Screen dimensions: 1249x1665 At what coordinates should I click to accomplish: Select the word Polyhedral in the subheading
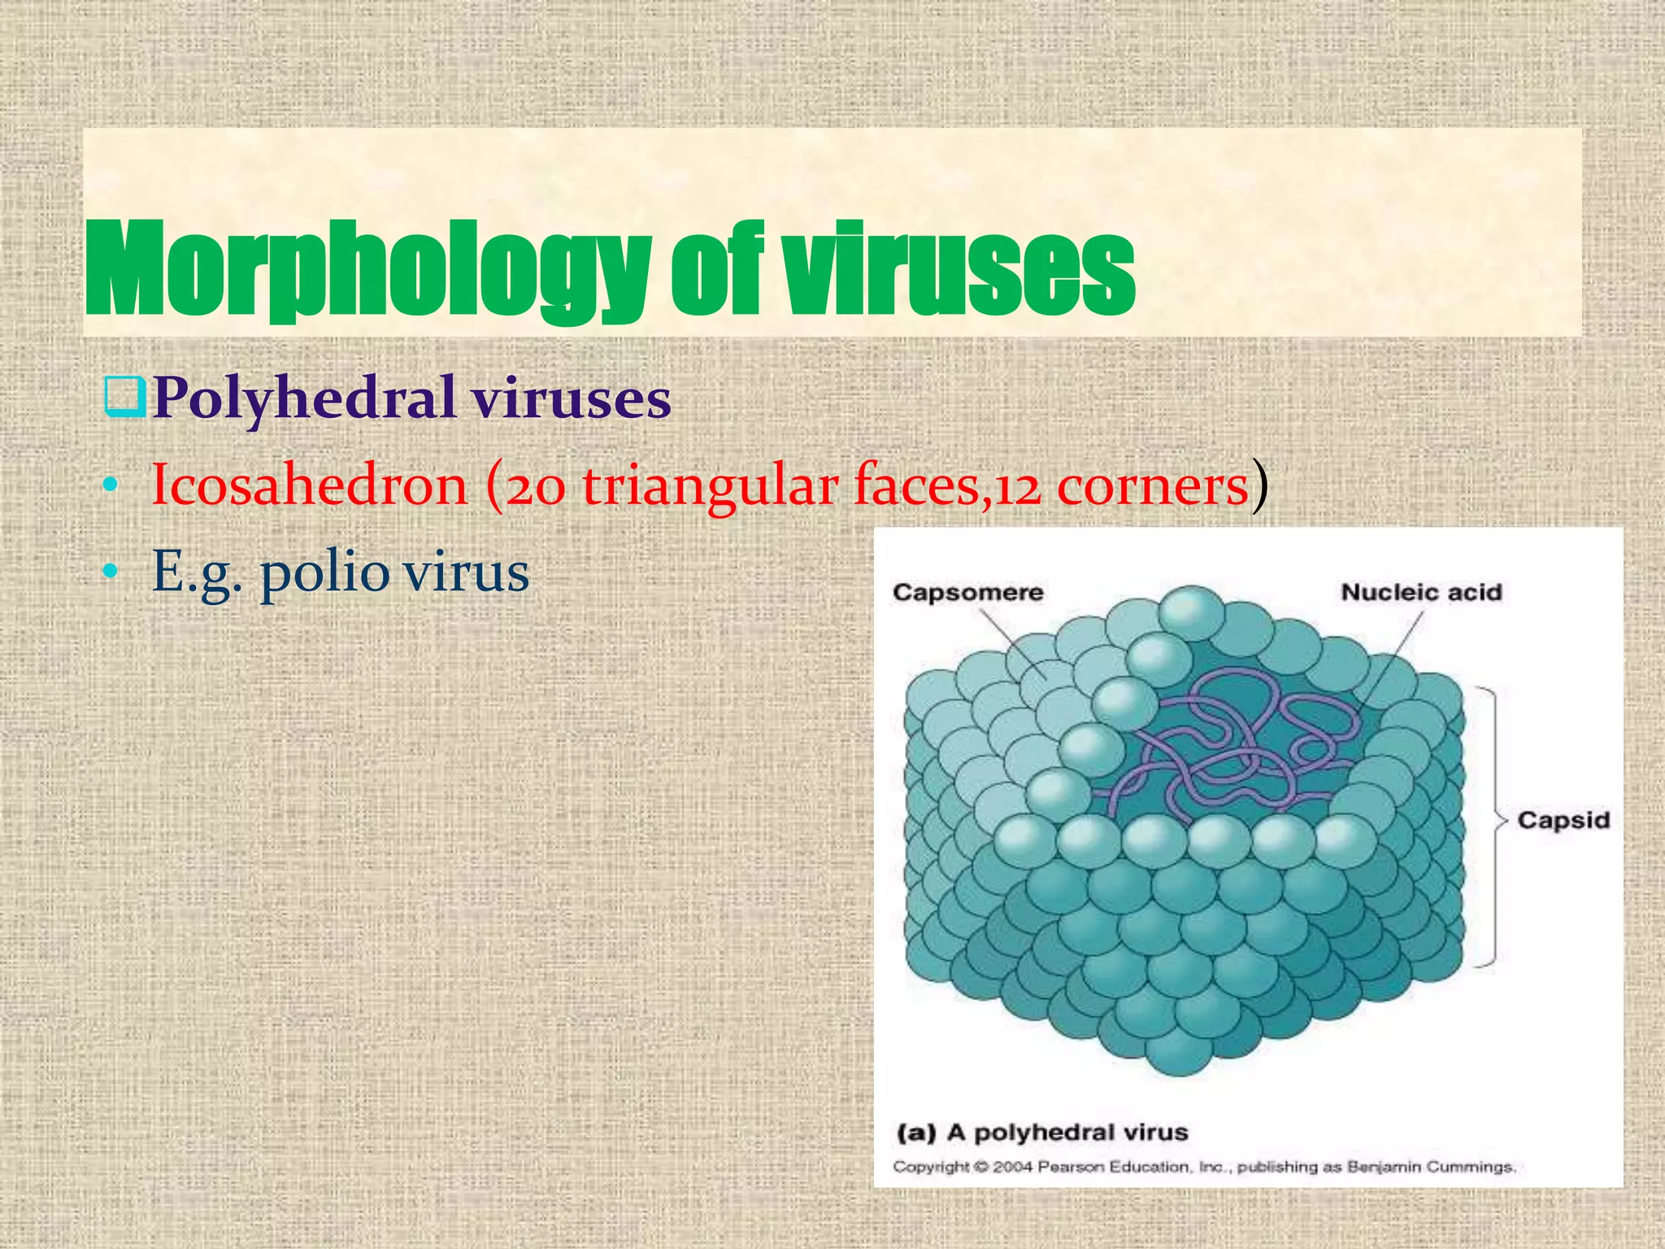[x=304, y=398]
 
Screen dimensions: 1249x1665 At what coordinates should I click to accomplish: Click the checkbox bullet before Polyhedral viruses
[x=125, y=397]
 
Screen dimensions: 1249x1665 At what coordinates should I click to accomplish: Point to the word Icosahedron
[x=310, y=485]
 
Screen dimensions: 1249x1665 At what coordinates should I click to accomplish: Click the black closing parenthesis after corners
[x=1259, y=485]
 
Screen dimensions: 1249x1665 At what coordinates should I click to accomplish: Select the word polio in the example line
[x=324, y=572]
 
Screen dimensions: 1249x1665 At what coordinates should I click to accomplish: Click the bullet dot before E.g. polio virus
[x=111, y=572]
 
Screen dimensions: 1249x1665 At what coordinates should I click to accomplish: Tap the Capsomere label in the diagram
[x=967, y=592]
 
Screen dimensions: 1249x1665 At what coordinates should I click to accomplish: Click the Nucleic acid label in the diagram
[x=1421, y=592]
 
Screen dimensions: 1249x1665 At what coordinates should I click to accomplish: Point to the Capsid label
[x=1563, y=820]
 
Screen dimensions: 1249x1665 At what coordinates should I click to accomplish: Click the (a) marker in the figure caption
[x=915, y=1132]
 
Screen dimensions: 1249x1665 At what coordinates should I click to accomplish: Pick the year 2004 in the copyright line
[x=1012, y=1167]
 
